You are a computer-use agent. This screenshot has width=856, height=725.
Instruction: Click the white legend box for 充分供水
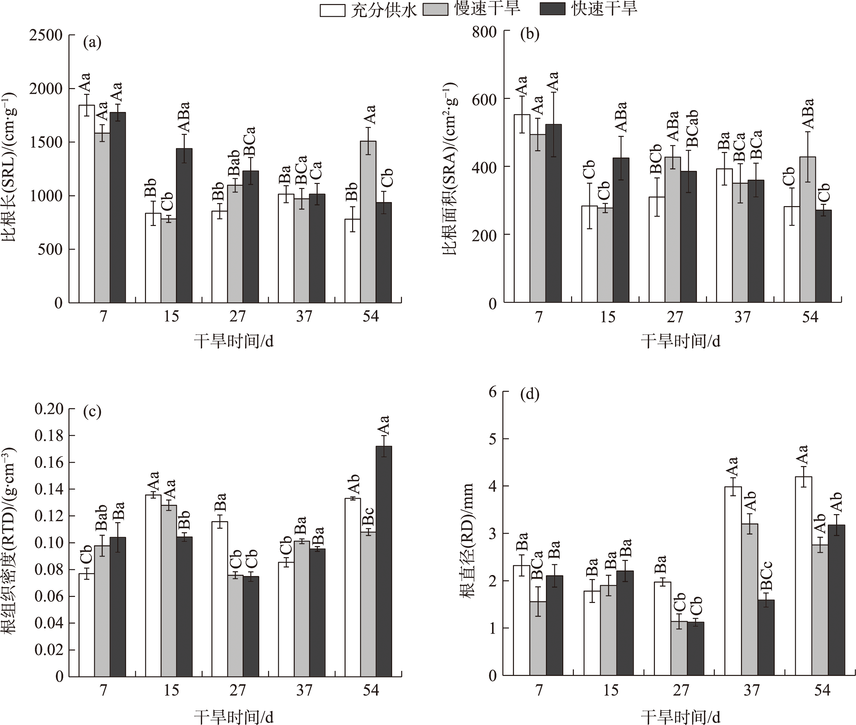[x=332, y=10]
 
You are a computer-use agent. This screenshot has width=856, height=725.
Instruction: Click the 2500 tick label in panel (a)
[x=46, y=35]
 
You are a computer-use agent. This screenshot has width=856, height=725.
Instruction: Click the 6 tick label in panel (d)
[x=492, y=392]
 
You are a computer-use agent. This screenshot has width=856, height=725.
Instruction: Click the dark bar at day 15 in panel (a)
[x=184, y=226]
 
